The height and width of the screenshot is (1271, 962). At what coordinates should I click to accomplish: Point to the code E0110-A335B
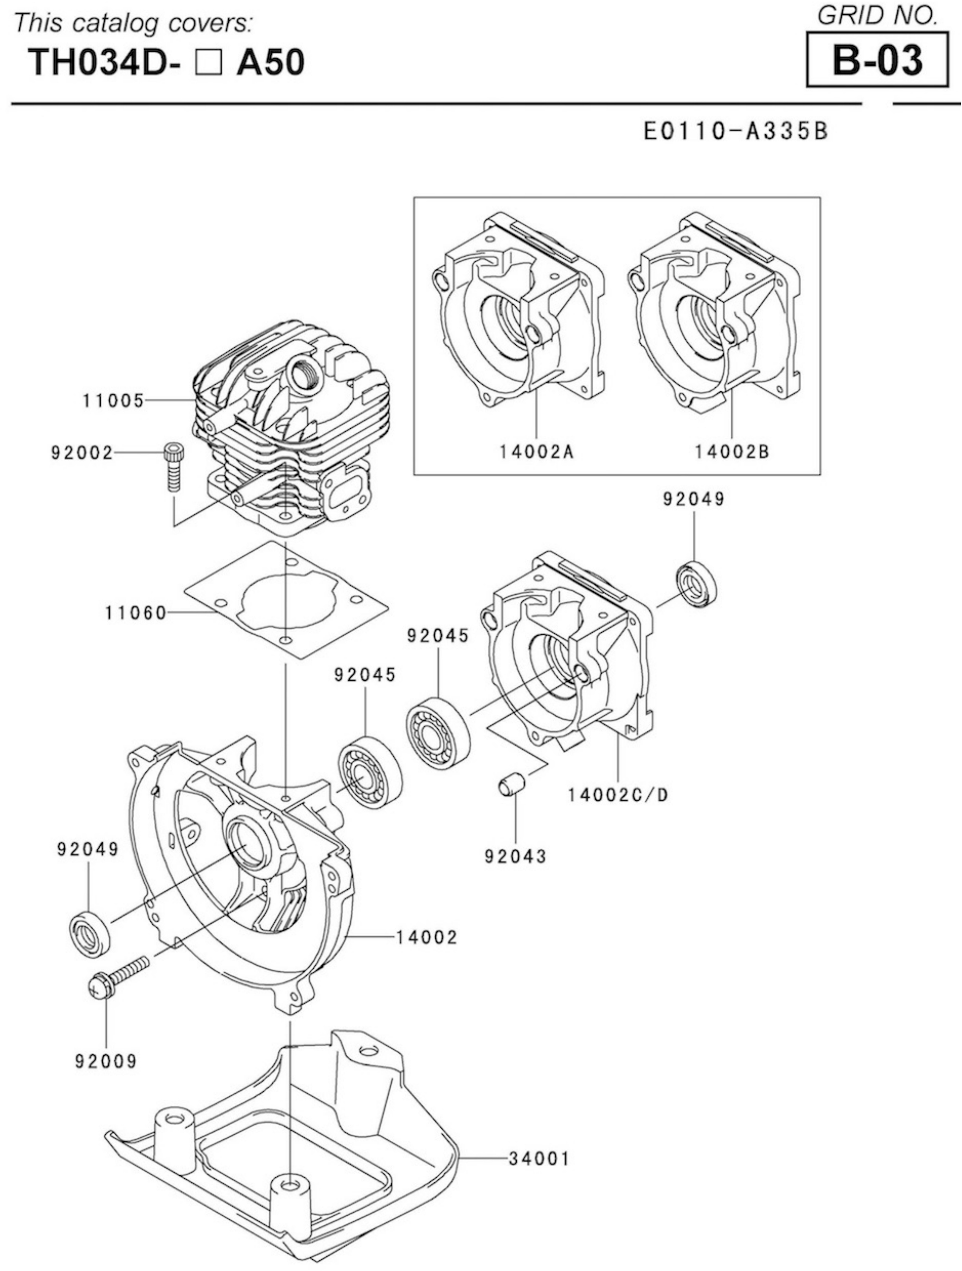pos(735,131)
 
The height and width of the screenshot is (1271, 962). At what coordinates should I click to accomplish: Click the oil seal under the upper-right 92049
pos(698,587)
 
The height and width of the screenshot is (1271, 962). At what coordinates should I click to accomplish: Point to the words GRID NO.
pos(877,16)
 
